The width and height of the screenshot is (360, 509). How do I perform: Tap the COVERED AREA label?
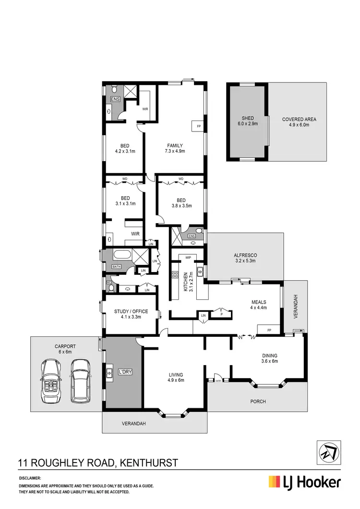tap(299, 122)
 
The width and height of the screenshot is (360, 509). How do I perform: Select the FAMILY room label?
tap(175, 148)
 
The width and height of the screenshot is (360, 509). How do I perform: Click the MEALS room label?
tap(259, 305)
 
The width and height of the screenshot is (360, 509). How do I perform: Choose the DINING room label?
tap(269, 358)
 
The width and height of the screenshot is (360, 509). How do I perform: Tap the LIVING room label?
tap(175, 377)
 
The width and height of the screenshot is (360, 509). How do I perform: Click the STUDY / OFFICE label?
tap(131, 314)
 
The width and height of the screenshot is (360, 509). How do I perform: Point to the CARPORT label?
tap(65, 349)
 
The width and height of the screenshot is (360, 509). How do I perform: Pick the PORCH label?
tap(258, 402)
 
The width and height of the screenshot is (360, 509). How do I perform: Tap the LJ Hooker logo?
tap(305, 482)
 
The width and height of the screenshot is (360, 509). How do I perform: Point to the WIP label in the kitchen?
tap(188, 258)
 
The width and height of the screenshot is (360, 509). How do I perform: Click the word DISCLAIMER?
tap(30, 478)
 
